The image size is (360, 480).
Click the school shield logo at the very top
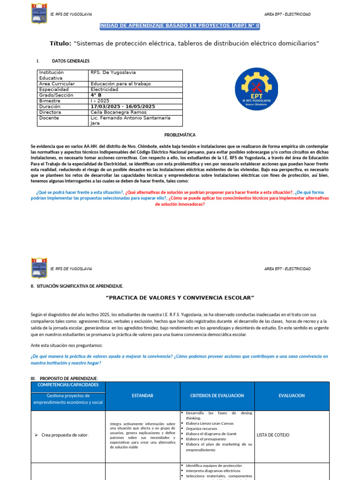pyautogui.click(x=38, y=13)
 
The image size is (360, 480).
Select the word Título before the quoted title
pyautogui.click(x=60, y=43)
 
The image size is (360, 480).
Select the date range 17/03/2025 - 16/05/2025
pyautogui.click(x=122, y=106)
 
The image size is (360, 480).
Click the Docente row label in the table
pyautogui.click(x=49, y=118)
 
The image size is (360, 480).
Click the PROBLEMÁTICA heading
pyautogui.click(x=180, y=135)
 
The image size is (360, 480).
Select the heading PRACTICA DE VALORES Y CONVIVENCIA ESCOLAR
pyautogui.click(x=180, y=298)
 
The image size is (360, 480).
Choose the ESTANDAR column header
pyautogui.click(x=142, y=396)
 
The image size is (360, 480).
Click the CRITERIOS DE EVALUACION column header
pyautogui.click(x=217, y=396)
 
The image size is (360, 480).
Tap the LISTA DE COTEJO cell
pyautogui.click(x=273, y=435)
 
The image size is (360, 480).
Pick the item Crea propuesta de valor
pyautogui.click(x=65, y=435)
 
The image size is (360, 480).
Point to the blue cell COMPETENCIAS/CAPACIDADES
pyautogui.click(x=65, y=385)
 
